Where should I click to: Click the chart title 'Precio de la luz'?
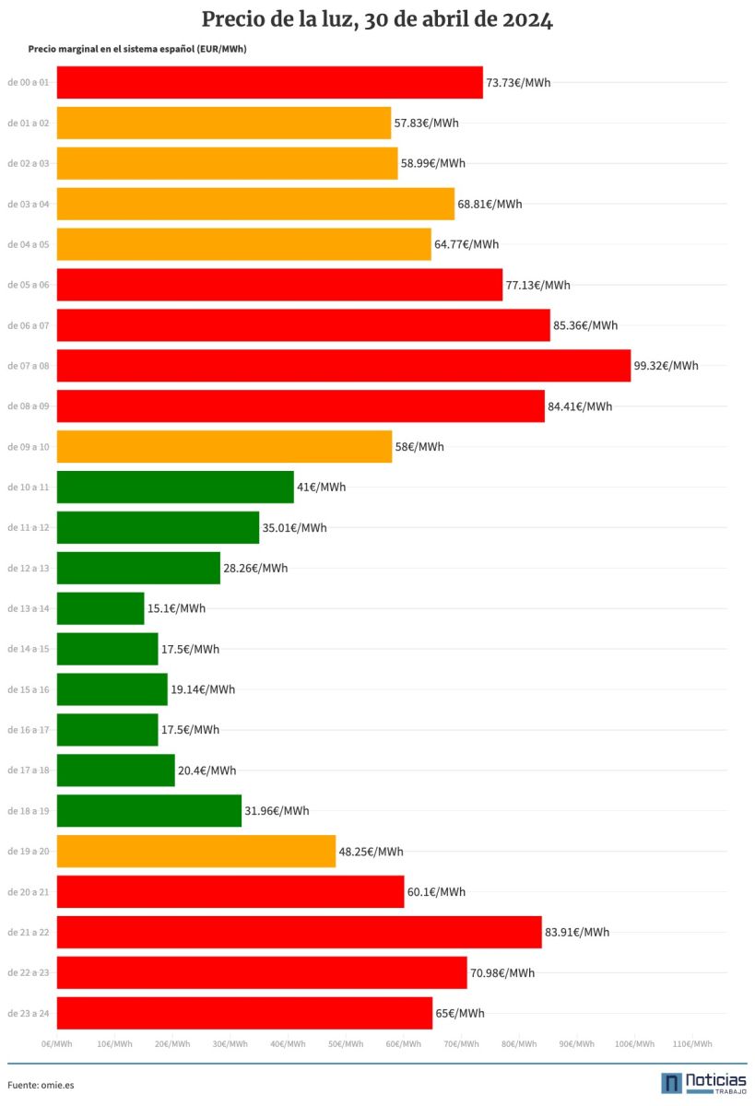[377, 20]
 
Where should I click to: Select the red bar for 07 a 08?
[343, 366]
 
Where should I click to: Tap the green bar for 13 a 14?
[100, 608]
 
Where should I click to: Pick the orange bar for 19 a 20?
[195, 852]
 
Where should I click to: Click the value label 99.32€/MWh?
[666, 366]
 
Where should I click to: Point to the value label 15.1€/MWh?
[176, 608]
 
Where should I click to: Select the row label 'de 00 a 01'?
[28, 82]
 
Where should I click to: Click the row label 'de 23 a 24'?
[28, 1013]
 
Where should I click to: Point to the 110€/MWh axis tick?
[692, 1044]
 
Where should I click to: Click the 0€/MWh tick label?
[57, 1044]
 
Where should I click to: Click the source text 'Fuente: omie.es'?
[41, 1085]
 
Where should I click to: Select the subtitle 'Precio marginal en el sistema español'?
[137, 49]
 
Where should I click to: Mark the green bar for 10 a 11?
[175, 487]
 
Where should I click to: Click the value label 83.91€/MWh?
[577, 932]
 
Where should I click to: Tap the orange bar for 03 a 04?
[255, 204]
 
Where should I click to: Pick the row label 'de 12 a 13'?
[28, 568]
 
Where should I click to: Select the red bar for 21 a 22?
[299, 932]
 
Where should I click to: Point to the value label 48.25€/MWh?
[371, 852]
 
